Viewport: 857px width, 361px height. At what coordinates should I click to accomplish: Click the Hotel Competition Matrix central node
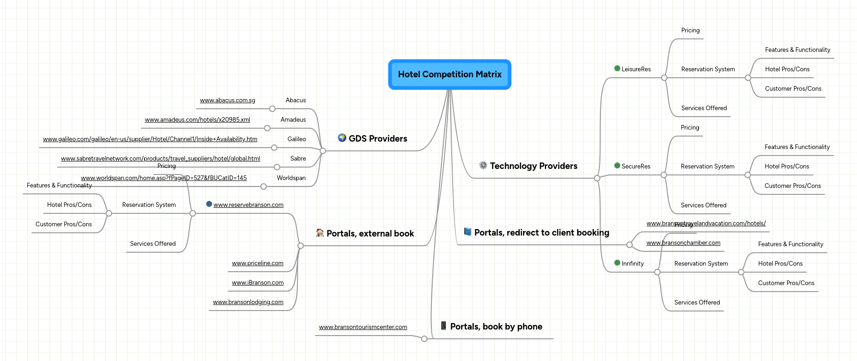(x=449, y=75)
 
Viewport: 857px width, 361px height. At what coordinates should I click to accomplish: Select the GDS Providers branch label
(x=378, y=139)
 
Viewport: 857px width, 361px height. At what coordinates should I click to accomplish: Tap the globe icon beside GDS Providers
(x=342, y=138)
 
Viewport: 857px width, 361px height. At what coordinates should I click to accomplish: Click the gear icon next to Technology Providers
(x=483, y=165)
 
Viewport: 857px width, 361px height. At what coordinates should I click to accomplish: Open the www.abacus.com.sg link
(x=227, y=100)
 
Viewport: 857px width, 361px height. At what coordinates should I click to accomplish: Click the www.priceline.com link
(x=258, y=263)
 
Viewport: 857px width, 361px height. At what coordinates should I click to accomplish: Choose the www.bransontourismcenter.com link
(x=363, y=327)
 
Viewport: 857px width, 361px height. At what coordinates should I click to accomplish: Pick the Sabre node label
(x=298, y=159)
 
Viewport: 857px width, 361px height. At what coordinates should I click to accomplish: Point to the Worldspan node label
(x=291, y=178)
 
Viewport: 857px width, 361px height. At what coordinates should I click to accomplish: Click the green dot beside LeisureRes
(x=617, y=68)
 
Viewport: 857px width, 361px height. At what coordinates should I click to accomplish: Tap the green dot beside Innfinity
(x=617, y=263)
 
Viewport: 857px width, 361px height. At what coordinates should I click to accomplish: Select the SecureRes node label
(x=636, y=167)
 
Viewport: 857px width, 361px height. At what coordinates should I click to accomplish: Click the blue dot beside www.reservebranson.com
(x=209, y=204)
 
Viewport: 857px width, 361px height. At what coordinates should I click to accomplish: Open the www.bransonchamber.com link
(x=683, y=243)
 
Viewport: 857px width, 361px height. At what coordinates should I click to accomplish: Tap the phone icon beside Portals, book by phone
(x=443, y=326)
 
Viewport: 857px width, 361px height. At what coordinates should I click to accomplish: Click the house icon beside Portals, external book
(x=320, y=233)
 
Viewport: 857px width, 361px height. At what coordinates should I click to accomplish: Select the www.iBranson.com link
(x=258, y=283)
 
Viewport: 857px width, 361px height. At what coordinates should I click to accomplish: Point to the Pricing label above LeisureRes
(x=690, y=31)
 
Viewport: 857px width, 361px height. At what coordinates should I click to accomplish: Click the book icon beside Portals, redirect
(x=468, y=232)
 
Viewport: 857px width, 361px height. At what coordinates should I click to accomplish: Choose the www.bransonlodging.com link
(x=248, y=302)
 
